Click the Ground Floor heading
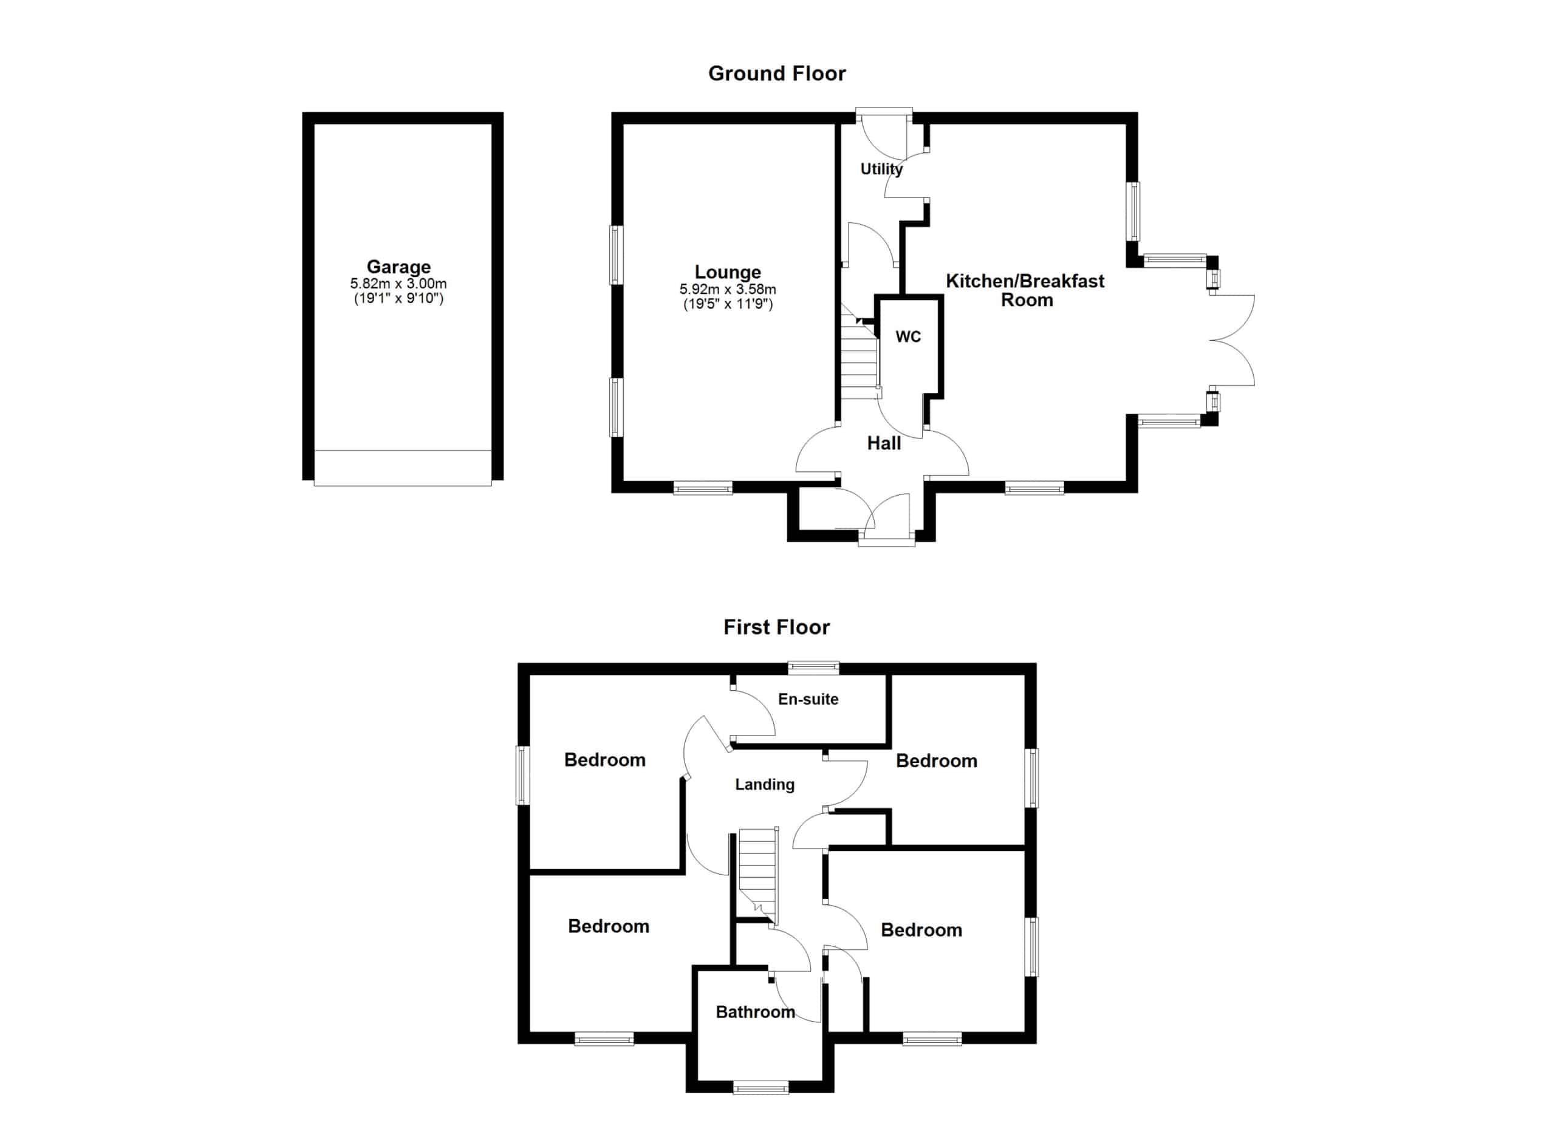(777, 73)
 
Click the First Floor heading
(777, 627)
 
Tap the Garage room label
(398, 267)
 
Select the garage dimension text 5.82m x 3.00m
(398, 284)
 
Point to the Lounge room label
(728, 272)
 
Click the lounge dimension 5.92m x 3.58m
(728, 289)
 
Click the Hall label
(884, 443)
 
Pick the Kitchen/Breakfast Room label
(1026, 290)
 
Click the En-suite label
(808, 699)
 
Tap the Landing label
(765, 784)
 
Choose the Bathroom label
(755, 1012)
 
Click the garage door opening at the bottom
(403, 468)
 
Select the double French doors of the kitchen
(1232, 340)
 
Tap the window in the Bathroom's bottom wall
(760, 1087)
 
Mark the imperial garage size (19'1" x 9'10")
(398, 298)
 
